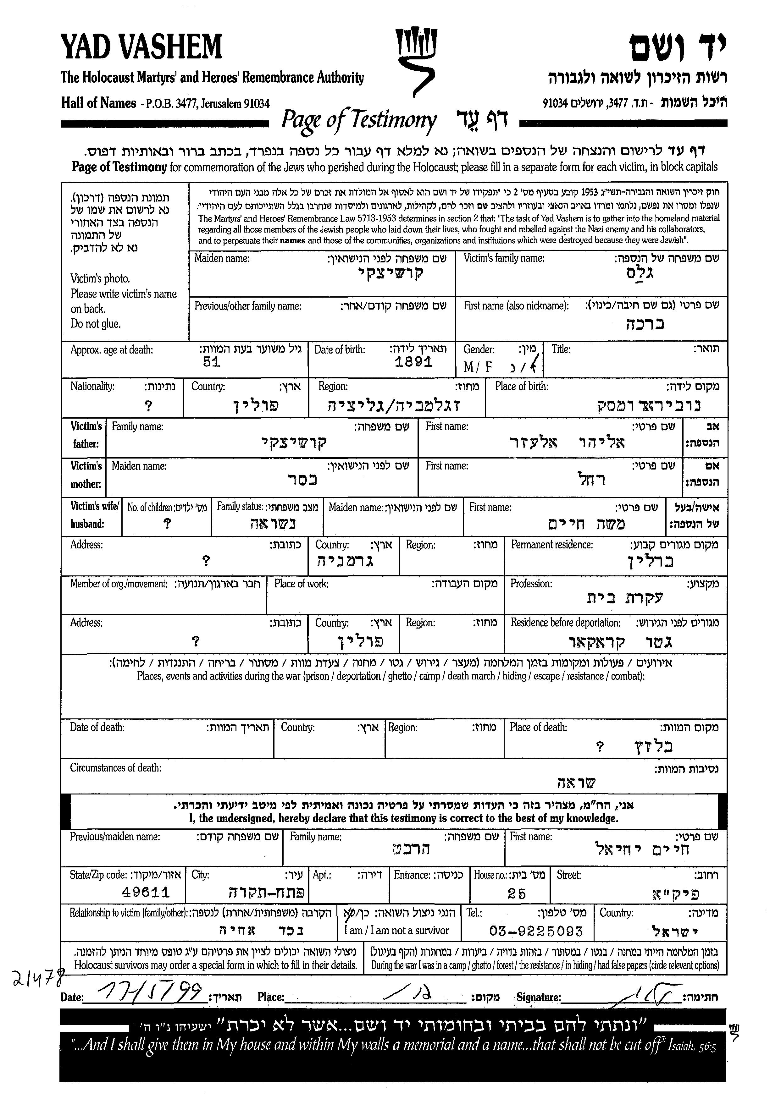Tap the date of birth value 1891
coord(413,362)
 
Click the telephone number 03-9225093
coord(536,931)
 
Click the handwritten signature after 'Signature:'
coord(647,992)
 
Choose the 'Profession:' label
coord(531,584)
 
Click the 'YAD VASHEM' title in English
coord(141,47)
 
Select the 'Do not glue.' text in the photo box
coord(96,324)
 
